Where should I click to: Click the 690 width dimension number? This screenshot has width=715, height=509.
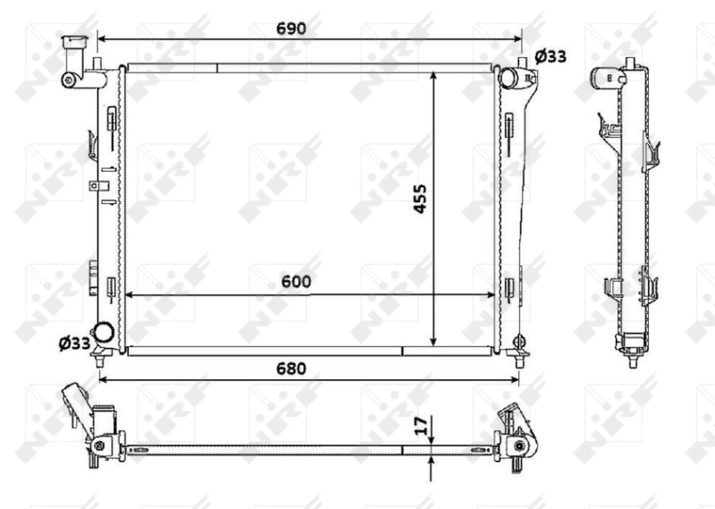click(291, 29)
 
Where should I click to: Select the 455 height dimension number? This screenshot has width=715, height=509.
click(421, 199)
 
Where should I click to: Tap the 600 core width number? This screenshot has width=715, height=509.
click(296, 281)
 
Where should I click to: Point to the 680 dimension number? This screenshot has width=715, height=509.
click(290, 368)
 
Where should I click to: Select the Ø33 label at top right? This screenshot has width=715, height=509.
click(551, 56)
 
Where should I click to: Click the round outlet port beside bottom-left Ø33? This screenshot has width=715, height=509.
click(104, 332)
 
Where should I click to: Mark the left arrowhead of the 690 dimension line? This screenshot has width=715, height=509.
click(101, 39)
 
